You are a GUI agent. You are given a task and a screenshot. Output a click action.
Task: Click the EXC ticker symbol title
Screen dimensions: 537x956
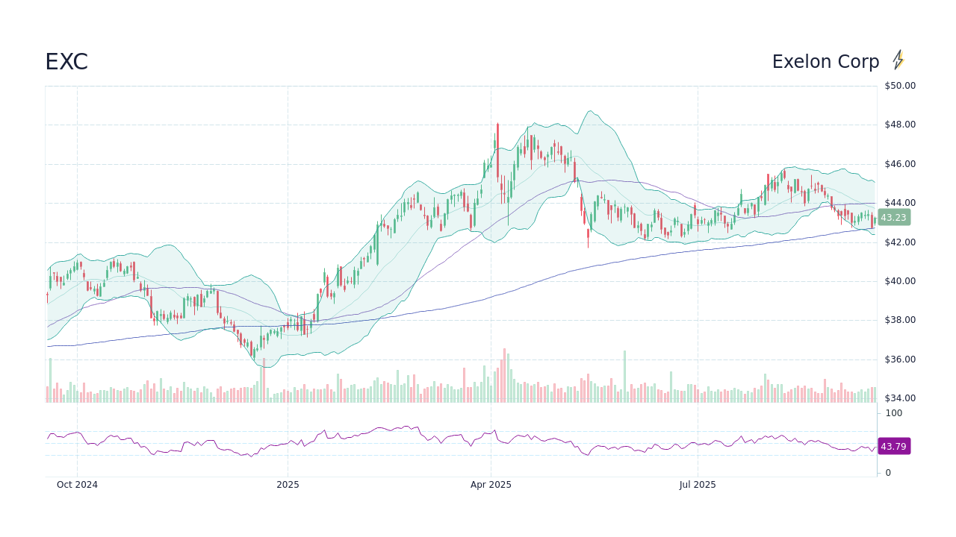click(66, 62)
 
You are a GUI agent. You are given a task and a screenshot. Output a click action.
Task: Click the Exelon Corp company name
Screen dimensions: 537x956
click(825, 62)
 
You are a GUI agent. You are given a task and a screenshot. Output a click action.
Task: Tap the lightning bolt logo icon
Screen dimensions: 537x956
click(898, 60)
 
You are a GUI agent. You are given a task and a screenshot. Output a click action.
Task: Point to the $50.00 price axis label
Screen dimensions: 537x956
click(899, 86)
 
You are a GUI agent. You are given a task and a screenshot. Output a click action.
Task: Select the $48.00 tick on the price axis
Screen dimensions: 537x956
click(899, 125)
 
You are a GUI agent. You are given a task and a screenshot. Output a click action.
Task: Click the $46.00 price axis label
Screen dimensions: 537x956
click(899, 164)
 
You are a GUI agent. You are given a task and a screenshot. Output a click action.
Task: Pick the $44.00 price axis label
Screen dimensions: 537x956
click(899, 203)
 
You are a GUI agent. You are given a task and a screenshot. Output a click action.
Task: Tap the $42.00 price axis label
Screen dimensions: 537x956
click(899, 242)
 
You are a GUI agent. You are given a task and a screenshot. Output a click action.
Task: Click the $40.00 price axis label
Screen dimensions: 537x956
click(899, 281)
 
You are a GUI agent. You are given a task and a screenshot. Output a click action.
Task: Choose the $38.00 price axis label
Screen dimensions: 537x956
click(899, 320)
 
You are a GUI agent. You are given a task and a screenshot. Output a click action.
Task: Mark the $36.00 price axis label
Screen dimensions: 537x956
click(899, 359)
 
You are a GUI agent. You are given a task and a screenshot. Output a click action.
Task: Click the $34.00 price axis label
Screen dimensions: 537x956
click(899, 398)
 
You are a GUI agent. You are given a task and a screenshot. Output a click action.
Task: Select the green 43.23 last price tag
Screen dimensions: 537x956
click(893, 218)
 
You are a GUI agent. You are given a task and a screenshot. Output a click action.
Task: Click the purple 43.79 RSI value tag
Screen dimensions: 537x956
click(893, 447)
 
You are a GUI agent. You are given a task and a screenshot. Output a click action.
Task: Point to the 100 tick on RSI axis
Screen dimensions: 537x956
click(894, 413)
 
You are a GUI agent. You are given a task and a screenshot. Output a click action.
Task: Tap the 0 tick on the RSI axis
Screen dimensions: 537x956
click(888, 473)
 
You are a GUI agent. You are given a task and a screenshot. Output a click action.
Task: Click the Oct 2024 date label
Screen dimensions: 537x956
click(77, 485)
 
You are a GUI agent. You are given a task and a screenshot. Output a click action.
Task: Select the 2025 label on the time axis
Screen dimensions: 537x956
click(288, 485)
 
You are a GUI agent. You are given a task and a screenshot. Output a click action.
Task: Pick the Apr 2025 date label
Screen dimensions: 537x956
click(491, 485)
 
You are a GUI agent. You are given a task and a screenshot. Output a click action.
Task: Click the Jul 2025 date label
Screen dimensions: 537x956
click(698, 485)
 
